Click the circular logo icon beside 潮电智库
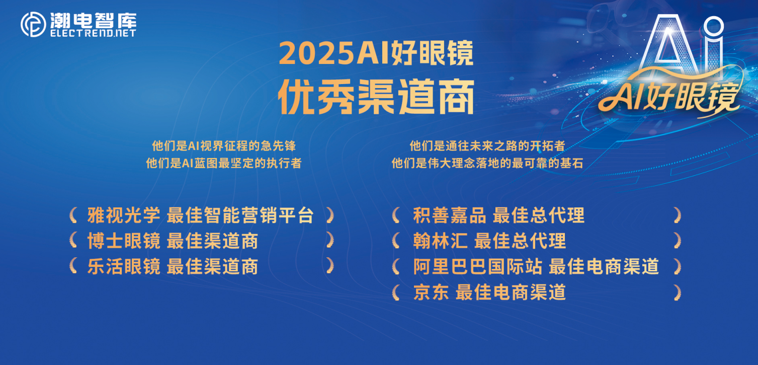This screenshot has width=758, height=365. [x=33, y=24]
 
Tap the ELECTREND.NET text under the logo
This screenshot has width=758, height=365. [x=94, y=33]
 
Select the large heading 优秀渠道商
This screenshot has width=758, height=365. [x=376, y=97]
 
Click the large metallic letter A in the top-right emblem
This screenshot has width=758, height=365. [x=668, y=44]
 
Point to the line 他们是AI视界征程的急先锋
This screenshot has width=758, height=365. [x=224, y=146]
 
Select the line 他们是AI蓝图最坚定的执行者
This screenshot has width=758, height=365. [x=224, y=163]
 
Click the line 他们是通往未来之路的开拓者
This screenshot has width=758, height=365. [x=487, y=146]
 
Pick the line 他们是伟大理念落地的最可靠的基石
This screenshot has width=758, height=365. [x=487, y=163]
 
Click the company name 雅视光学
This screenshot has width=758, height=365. [x=124, y=215]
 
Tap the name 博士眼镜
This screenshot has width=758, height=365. [x=124, y=241]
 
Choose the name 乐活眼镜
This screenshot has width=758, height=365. [x=124, y=266]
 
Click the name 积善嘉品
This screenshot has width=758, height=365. [x=449, y=215]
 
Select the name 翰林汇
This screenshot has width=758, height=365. [x=441, y=241]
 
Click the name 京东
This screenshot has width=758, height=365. [x=431, y=292]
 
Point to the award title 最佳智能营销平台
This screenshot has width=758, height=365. [x=240, y=215]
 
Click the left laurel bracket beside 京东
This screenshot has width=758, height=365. [x=396, y=293]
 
